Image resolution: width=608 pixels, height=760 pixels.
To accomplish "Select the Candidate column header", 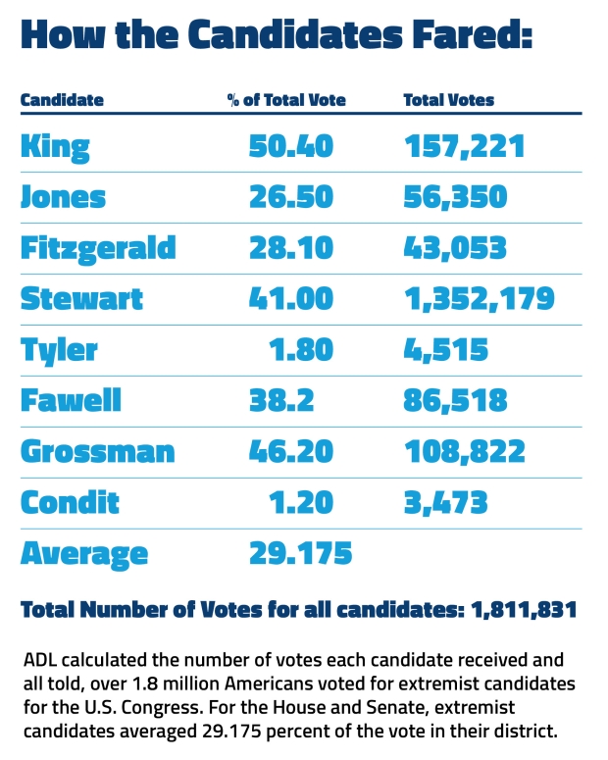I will (62, 100).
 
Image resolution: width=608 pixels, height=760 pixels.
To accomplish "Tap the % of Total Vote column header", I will (286, 100).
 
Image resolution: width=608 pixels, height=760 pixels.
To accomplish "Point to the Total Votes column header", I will (449, 100).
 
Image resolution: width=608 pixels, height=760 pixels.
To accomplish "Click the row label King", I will (55, 147).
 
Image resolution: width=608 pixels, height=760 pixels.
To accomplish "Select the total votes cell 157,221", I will (465, 147).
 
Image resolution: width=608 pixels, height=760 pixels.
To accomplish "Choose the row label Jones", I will (63, 198).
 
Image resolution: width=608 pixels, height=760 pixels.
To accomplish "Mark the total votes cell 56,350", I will (456, 198).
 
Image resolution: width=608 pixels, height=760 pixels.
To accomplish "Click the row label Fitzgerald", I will (98, 248).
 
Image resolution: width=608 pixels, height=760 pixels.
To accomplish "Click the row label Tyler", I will (58, 350).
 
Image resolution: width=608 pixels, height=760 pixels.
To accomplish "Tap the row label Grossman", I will (98, 452).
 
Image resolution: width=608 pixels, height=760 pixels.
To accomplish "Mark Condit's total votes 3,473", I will (446, 503).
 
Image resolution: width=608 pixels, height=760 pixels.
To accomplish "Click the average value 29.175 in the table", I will (299, 554).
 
